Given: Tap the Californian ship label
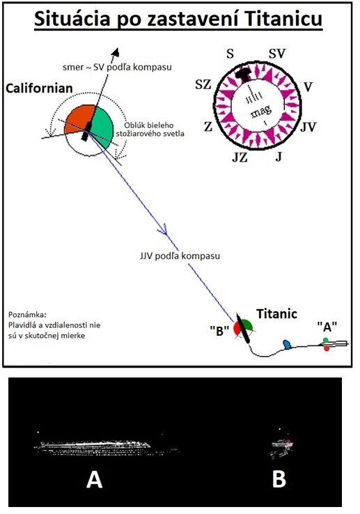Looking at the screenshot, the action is (x=40, y=88).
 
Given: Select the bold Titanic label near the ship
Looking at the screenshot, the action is (x=276, y=313).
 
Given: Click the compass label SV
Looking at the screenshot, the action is (x=277, y=54).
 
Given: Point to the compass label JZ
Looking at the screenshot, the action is (x=240, y=157).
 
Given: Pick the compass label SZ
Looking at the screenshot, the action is (x=203, y=85).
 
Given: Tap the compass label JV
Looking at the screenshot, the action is (x=308, y=127).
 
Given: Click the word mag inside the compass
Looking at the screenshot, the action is (x=261, y=111).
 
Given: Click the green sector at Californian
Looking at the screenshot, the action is (x=103, y=126).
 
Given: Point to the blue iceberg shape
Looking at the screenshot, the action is (x=287, y=344).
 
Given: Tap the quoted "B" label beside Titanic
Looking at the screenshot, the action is (x=219, y=331).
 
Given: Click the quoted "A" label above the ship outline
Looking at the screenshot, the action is (x=327, y=327).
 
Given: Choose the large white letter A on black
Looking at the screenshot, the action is (x=95, y=481).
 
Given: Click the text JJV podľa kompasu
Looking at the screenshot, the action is (x=180, y=256).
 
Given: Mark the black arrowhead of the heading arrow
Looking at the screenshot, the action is (x=116, y=52).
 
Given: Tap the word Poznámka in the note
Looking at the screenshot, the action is (x=28, y=315).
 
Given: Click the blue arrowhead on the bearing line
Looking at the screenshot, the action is (x=163, y=230).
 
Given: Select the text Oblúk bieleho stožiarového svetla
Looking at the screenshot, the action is (x=150, y=130).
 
